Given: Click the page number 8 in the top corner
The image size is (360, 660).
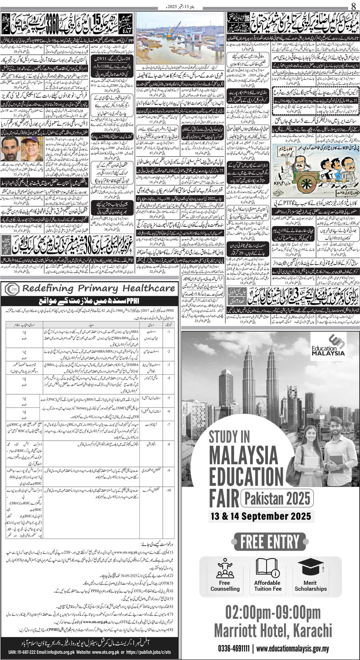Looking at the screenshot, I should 353,6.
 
